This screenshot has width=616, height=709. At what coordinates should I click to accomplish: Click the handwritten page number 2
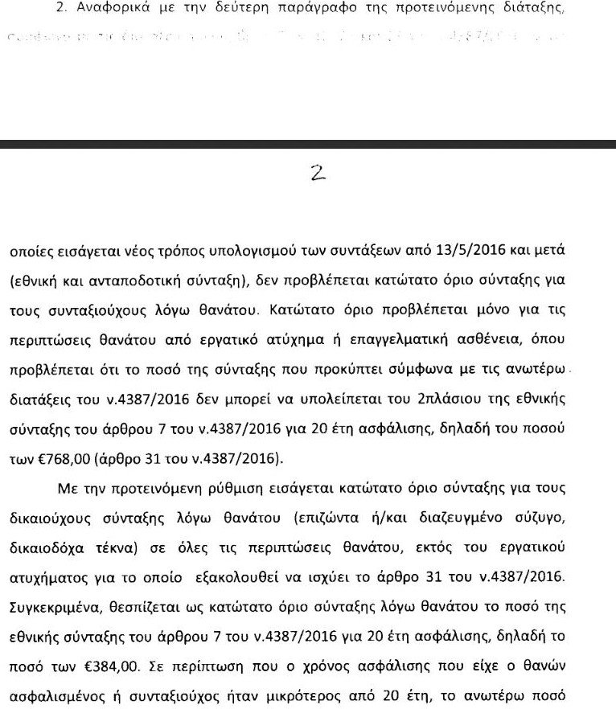pyautogui.click(x=318, y=174)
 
